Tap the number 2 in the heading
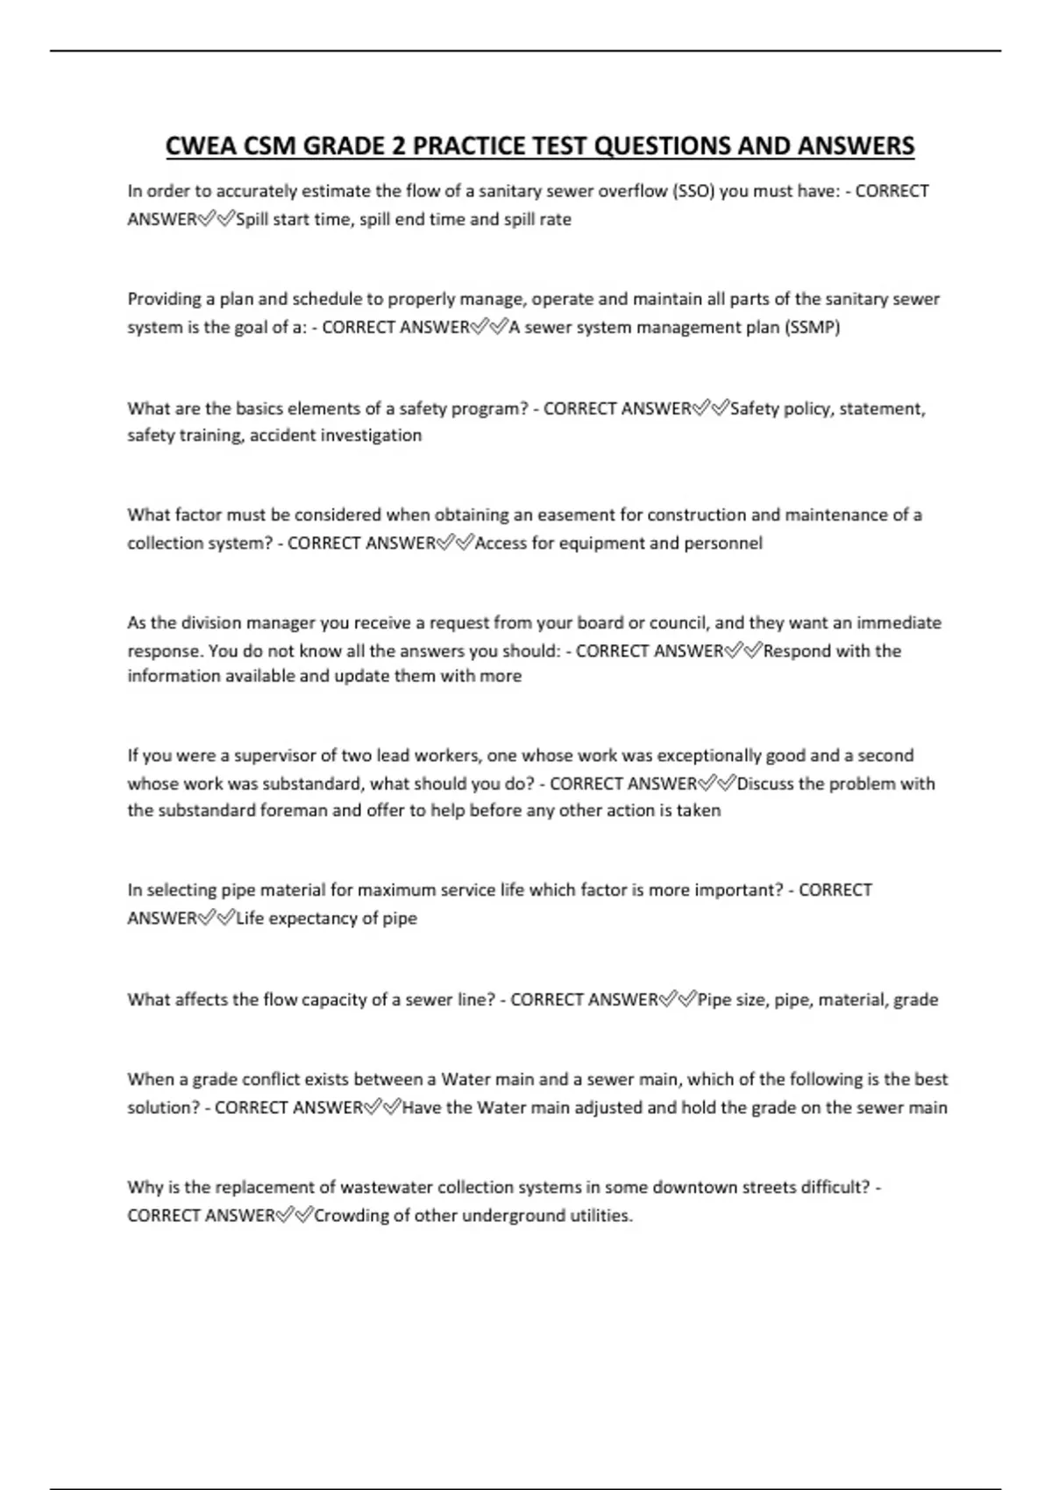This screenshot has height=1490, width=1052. click(399, 145)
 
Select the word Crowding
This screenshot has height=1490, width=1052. click(351, 1216)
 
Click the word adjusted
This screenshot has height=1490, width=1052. click(608, 1108)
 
